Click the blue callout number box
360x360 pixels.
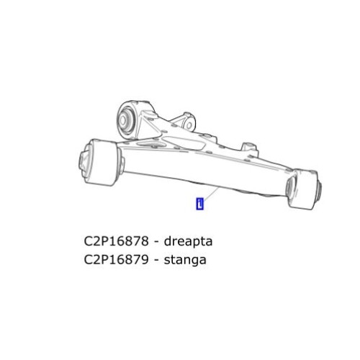click(200, 204)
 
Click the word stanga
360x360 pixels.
click(184, 260)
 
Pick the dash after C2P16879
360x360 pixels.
click(158, 260)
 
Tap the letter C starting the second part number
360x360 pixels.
click(90, 259)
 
